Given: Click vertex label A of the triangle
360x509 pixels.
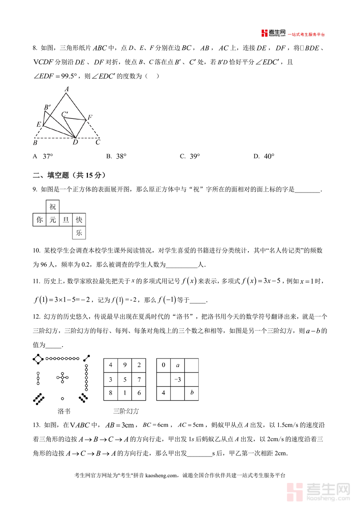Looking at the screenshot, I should click(67, 89).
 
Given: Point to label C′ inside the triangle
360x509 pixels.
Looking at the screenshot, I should click(65, 114).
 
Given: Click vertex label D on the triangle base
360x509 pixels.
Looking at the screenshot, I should click(75, 142).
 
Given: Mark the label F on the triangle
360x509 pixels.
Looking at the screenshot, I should click(90, 117).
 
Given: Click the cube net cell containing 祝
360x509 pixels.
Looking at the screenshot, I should click(53, 207).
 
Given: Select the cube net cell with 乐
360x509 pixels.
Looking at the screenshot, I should click(79, 232).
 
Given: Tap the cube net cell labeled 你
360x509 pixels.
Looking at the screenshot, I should click(39, 220).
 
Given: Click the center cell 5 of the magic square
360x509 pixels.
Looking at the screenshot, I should click(125, 379).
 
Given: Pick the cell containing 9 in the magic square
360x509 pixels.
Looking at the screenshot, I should click(125, 365).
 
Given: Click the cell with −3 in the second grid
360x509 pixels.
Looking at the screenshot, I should click(178, 379).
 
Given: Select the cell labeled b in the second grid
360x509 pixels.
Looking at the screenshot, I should click(192, 393).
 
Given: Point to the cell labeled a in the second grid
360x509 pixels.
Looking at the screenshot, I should click(178, 365).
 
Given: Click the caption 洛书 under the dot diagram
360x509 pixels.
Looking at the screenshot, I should click(64, 411).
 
